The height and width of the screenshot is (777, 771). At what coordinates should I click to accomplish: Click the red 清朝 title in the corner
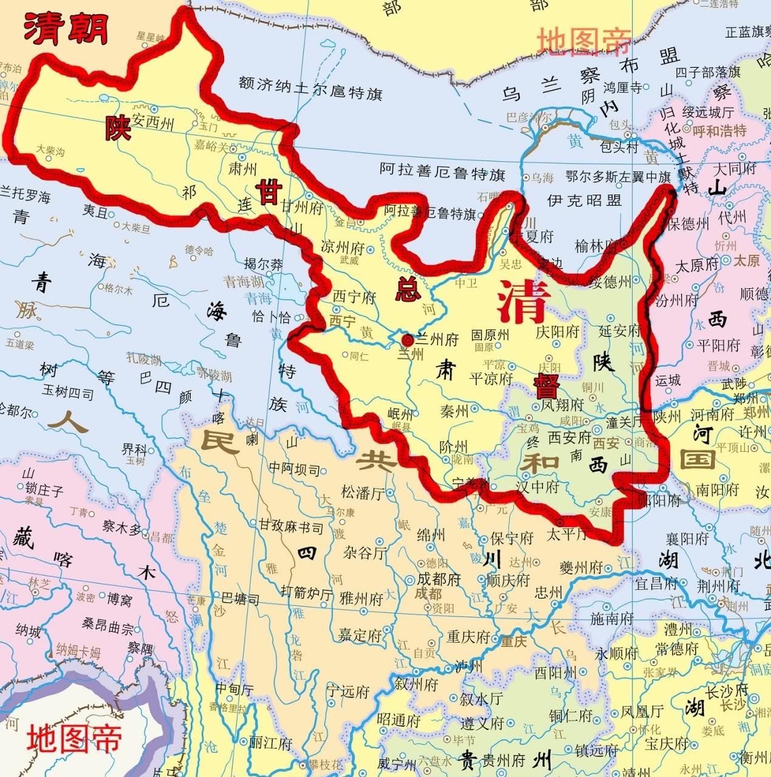click(66, 29)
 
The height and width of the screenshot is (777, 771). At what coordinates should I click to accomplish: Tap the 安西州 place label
click(153, 123)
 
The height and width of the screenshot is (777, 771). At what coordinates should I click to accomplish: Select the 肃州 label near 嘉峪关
click(242, 168)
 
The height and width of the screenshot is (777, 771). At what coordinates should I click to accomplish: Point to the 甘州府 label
click(301, 207)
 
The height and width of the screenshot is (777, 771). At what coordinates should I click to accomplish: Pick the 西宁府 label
click(354, 297)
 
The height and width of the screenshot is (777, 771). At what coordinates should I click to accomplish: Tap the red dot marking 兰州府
click(407, 339)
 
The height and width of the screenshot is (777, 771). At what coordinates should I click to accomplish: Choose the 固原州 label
click(490, 335)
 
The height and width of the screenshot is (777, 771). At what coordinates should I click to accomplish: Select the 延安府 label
click(620, 331)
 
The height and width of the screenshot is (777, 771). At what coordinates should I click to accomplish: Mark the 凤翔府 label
click(562, 404)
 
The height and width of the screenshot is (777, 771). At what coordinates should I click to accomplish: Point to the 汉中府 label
click(537, 486)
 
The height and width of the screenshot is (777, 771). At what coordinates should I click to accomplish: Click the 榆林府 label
click(595, 246)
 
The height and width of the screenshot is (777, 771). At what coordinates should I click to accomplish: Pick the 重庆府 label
click(468, 637)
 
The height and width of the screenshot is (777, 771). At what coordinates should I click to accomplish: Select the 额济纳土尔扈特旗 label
click(310, 94)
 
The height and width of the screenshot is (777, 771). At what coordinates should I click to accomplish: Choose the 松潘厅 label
click(363, 492)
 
